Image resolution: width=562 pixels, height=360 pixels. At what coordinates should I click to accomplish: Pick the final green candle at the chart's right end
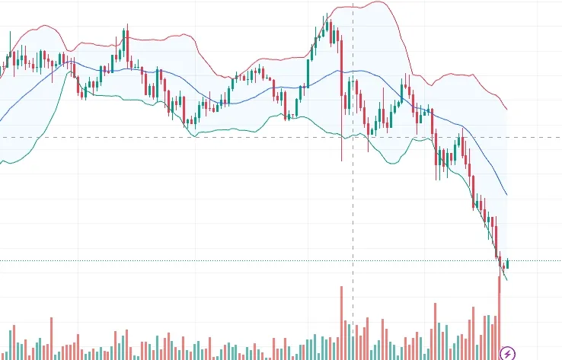click(x=507, y=263)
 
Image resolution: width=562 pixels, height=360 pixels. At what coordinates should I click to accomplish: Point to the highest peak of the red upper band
click(x=375, y=2)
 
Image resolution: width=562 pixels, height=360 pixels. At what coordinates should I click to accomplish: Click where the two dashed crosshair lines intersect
click(x=353, y=138)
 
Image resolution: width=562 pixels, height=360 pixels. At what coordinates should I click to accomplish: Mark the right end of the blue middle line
click(x=507, y=194)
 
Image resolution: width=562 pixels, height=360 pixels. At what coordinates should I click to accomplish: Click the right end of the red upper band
click(x=507, y=109)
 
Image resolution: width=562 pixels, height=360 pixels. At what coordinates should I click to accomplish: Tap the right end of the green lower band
click(x=507, y=280)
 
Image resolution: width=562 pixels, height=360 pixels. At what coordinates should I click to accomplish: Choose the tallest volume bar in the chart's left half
click(x=52, y=338)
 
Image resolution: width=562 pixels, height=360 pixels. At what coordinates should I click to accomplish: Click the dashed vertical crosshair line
click(x=353, y=228)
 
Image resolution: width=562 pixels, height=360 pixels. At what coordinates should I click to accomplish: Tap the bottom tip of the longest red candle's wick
click(x=342, y=161)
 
